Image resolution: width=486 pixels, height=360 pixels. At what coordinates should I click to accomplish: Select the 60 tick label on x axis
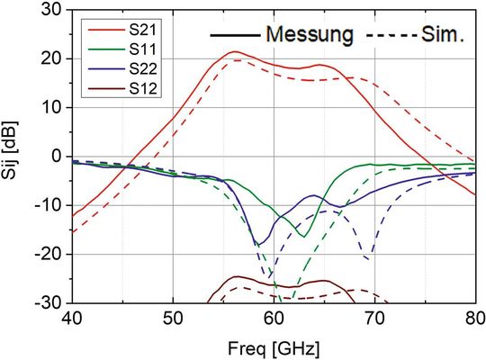(x=273, y=319)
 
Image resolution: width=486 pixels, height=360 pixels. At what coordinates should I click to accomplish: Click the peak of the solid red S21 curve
(x=234, y=52)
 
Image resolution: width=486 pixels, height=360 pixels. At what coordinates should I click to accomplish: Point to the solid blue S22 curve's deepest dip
(x=257, y=244)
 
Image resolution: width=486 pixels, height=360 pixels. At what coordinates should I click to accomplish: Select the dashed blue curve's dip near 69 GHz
(x=367, y=260)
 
